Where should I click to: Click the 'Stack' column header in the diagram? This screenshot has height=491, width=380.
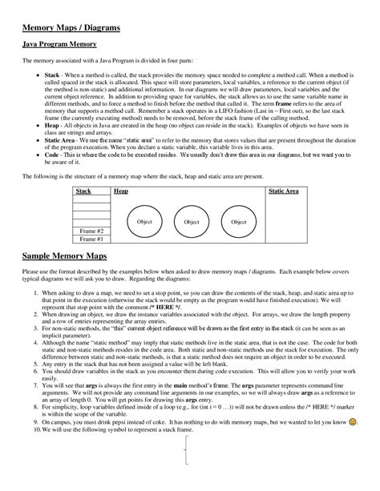click(83, 191)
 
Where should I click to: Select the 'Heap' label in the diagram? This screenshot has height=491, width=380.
click(121, 191)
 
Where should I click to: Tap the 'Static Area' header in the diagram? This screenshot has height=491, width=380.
click(283, 191)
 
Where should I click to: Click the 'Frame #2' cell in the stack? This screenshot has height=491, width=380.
click(91, 230)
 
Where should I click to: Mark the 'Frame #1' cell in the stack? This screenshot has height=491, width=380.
click(91, 239)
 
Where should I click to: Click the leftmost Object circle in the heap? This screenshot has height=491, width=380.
click(144, 221)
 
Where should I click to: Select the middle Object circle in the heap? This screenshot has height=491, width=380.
click(191, 221)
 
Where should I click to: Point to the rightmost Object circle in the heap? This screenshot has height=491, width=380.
click(238, 221)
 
